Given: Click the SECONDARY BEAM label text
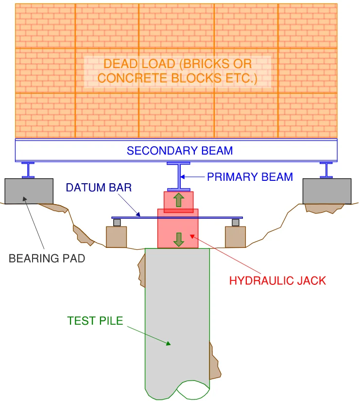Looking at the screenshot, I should [x=180, y=151].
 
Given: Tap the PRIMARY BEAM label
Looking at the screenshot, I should [x=250, y=177].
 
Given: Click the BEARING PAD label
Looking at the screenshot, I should [x=47, y=259].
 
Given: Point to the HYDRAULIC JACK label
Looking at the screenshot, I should [x=277, y=280].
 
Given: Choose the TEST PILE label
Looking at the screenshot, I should [x=95, y=321].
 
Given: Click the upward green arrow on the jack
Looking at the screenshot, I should [x=179, y=200].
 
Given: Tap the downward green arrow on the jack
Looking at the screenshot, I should [x=179, y=239].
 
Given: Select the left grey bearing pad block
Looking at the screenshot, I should [x=29, y=191].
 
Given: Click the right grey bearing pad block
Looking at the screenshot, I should [x=326, y=191].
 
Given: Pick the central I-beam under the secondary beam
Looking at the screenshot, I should [x=178, y=176].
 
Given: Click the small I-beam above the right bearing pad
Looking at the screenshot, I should [x=326, y=170].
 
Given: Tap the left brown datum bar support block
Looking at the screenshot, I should [x=117, y=237].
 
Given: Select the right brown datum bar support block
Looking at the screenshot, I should [x=235, y=237].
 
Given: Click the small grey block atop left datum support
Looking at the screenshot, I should [x=117, y=223].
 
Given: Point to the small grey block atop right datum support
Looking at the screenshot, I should [x=236, y=223].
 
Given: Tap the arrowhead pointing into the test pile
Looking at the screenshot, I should [x=168, y=344].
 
